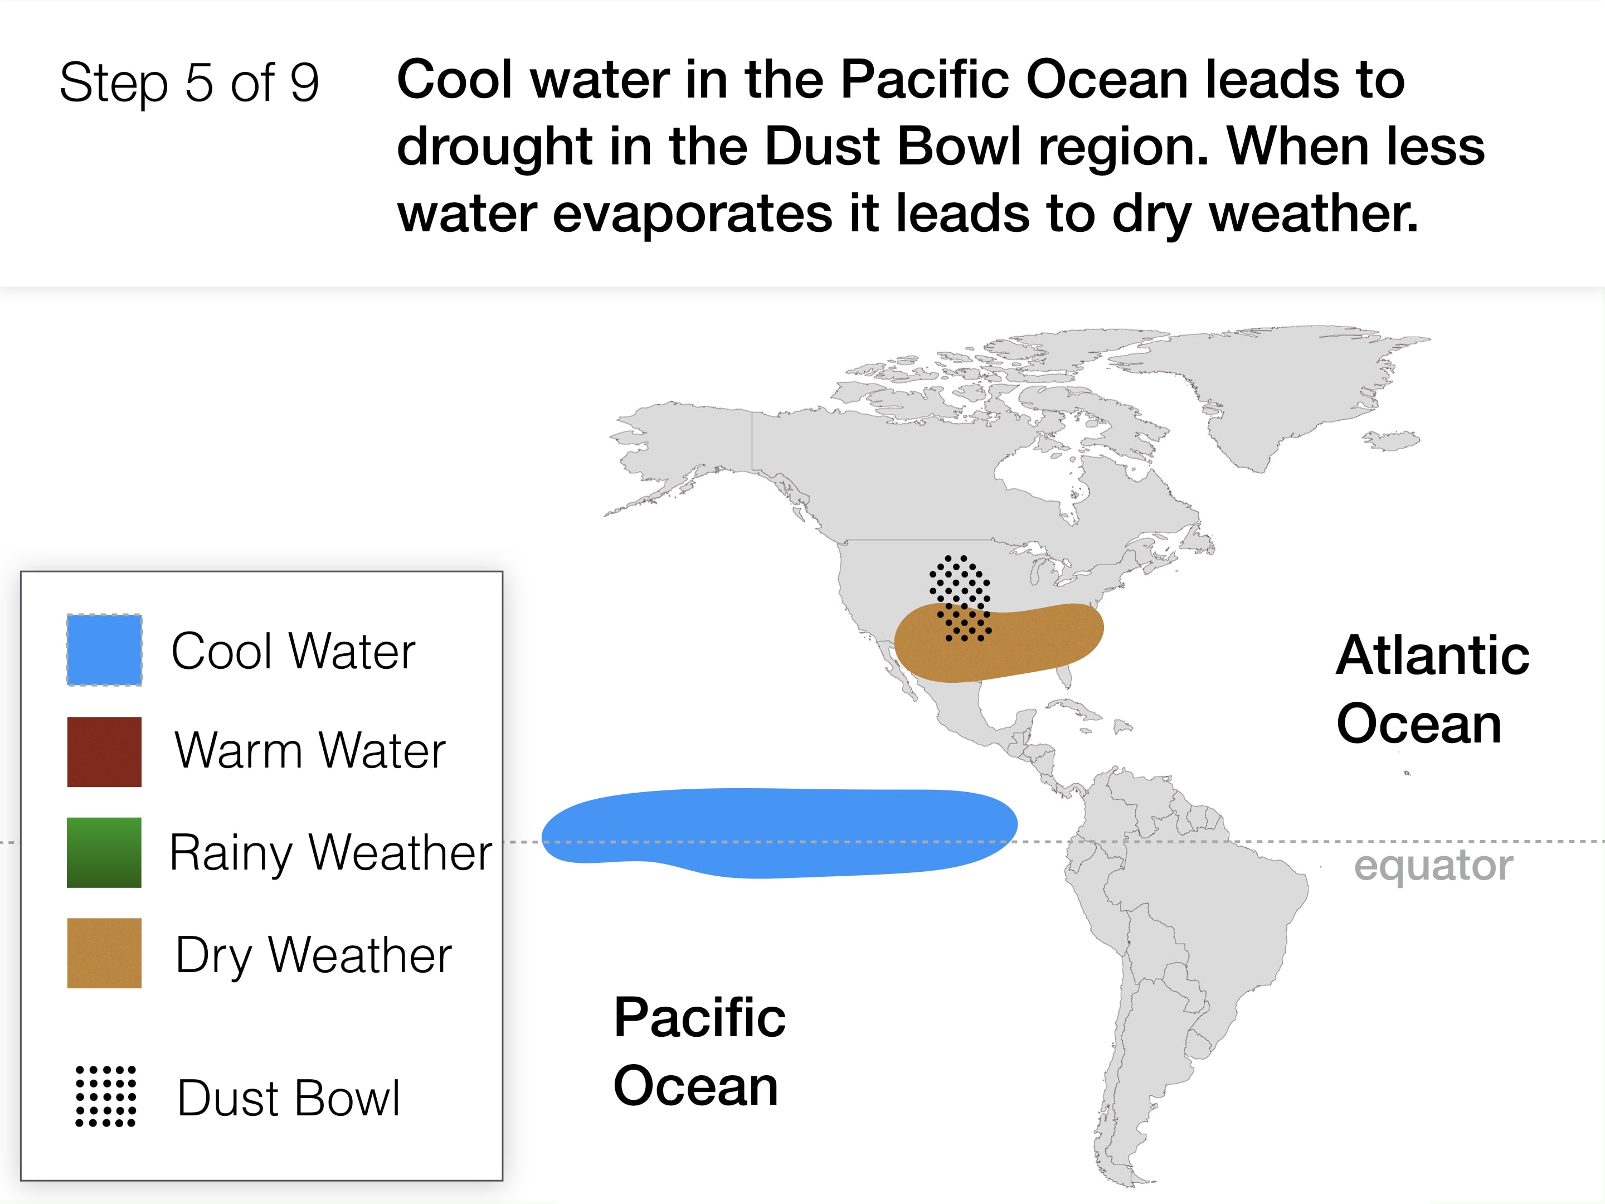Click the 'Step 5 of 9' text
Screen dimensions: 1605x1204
[189, 82]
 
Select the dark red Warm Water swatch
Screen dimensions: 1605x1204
[104, 752]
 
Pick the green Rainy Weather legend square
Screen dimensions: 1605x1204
[104, 853]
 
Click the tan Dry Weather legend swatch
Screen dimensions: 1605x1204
[104, 953]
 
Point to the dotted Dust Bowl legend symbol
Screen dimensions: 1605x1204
[106, 1096]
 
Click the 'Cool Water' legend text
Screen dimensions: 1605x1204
[293, 651]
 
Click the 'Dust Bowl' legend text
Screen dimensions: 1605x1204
[289, 1098]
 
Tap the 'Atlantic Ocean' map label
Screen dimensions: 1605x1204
[1432, 689]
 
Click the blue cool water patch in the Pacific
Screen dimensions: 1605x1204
[779, 833]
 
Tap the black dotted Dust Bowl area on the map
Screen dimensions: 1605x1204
[959, 598]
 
